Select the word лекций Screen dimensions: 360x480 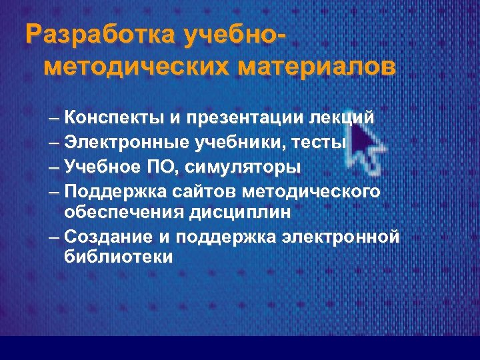pos(341,119)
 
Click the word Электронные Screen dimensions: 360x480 pos(127,143)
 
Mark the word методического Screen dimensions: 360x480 pos(312,191)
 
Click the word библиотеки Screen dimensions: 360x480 pos(119,257)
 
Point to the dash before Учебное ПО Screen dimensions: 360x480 pos(55,167)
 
